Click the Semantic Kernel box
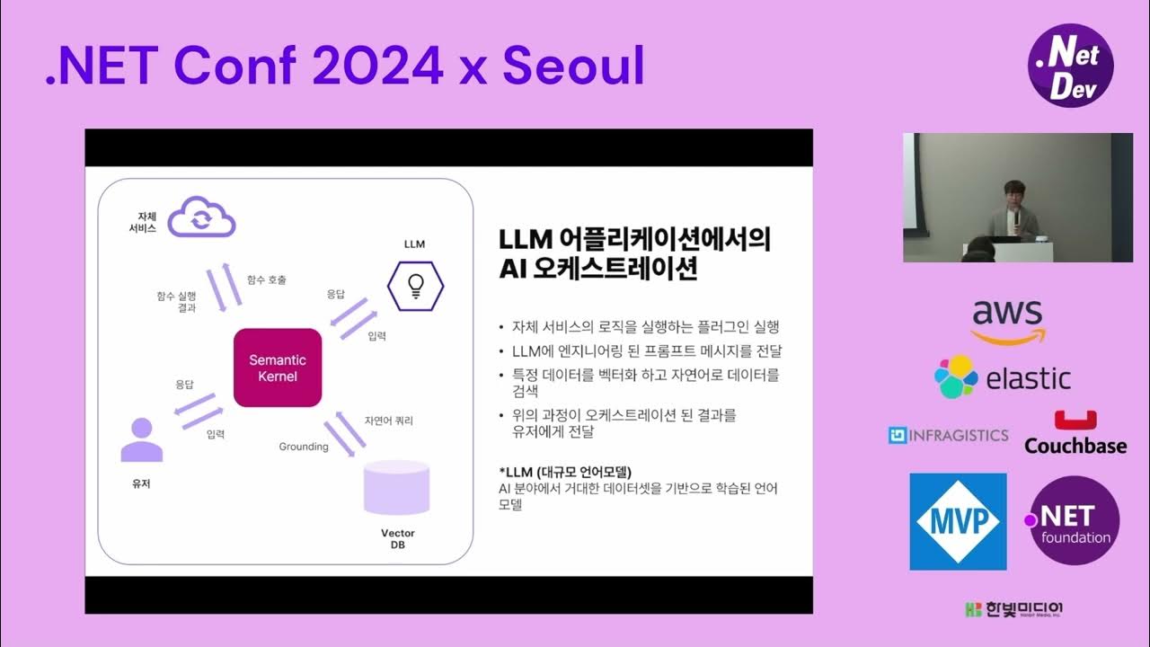tap(277, 368)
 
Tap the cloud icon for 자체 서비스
tap(202, 217)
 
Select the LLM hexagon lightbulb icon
tap(415, 285)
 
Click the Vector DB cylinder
tap(395, 489)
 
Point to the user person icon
tap(141, 440)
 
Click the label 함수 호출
tap(267, 279)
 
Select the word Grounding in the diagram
tap(304, 447)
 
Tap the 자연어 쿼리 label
tap(389, 420)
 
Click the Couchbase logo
tap(1075, 433)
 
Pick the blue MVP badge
tap(958, 521)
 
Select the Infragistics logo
tap(948, 436)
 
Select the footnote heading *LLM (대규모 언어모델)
tap(565, 472)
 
